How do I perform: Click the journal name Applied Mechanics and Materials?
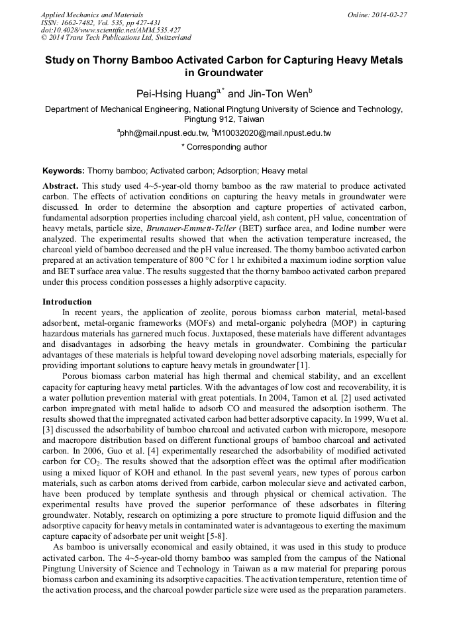point(92,15)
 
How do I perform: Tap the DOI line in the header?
point(111,30)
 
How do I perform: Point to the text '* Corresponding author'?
point(224,147)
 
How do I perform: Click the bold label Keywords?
point(64,171)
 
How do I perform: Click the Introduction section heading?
point(67,302)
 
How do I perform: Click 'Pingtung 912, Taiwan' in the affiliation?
point(224,120)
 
